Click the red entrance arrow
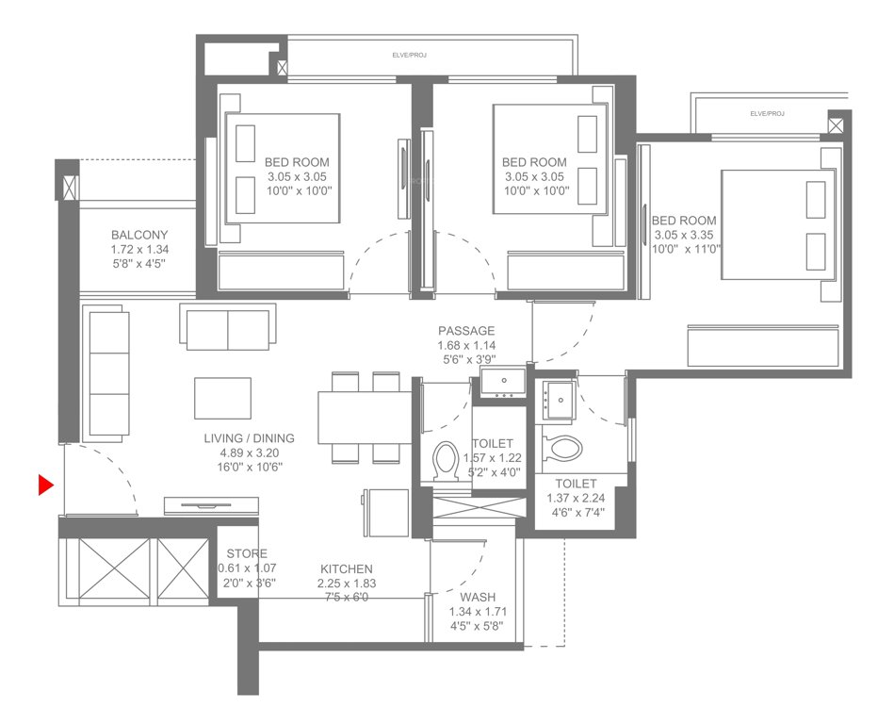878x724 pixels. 44,485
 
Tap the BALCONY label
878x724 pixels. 138,235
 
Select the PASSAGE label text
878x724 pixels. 465,331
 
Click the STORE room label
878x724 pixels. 242,553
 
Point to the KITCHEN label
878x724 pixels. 346,569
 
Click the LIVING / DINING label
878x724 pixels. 249,438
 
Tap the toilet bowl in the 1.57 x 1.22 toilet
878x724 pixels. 444,463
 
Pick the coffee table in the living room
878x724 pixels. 223,398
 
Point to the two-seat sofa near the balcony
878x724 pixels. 227,326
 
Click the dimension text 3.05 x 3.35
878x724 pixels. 687,235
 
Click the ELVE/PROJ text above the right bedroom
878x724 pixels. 767,113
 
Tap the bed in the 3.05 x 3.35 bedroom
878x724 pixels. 777,224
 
